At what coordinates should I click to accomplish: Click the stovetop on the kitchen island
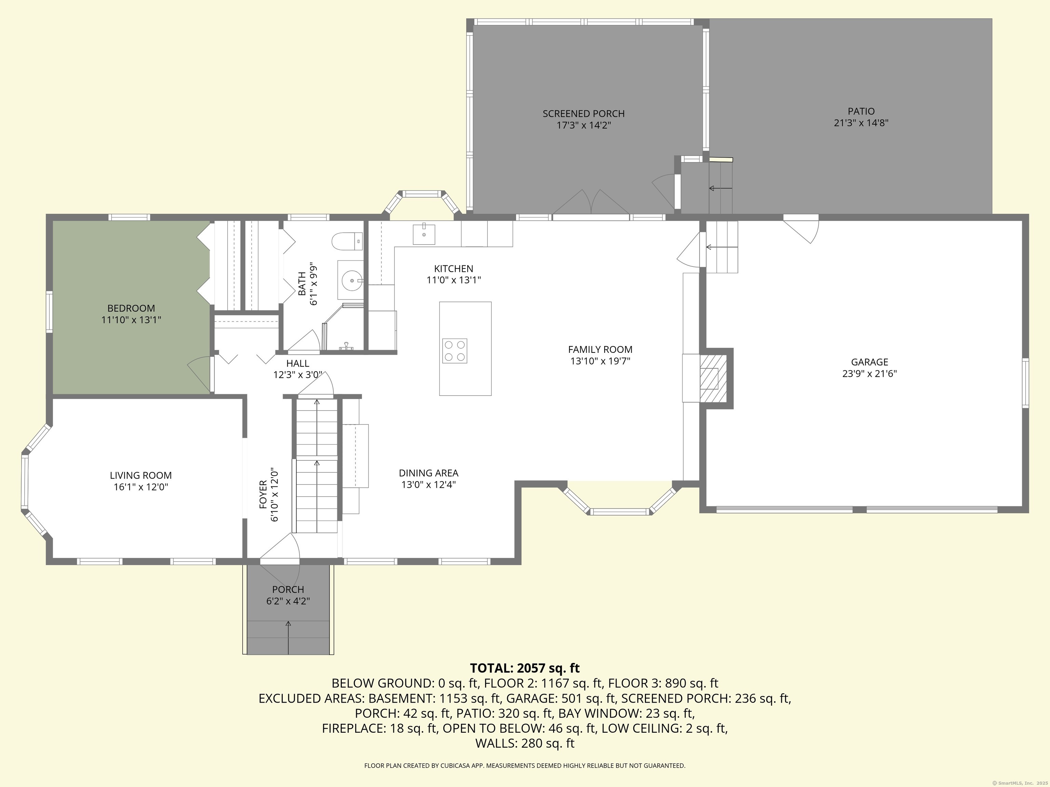coord(454,351)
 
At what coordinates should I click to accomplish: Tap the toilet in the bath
coord(347,241)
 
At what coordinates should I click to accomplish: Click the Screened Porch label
coord(583,114)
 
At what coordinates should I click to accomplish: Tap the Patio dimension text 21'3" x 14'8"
coord(861,123)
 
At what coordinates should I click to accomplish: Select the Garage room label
coord(870,362)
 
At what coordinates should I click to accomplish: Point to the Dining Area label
coord(428,473)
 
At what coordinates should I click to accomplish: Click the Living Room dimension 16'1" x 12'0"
coord(140,487)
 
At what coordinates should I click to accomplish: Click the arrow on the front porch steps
coord(288,637)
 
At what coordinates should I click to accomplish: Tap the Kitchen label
coord(453,268)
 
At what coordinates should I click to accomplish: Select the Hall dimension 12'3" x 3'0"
coord(298,375)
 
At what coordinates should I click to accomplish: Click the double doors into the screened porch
coord(591,202)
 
